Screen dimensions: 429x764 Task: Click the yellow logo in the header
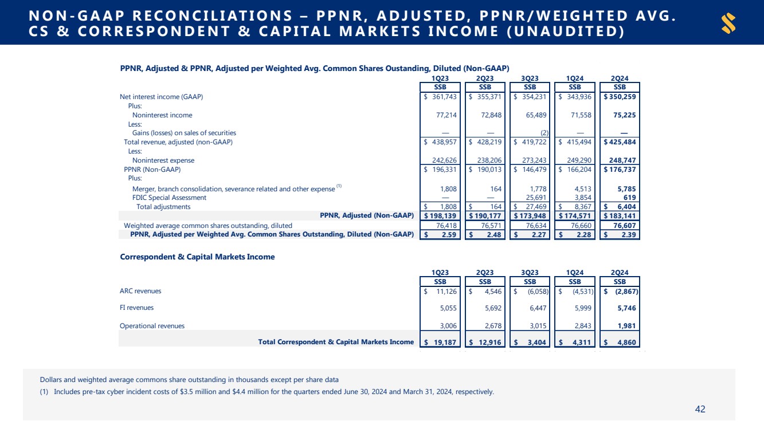tap(729, 23)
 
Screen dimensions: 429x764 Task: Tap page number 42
tap(700, 409)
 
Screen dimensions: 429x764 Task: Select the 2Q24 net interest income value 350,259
tap(622, 97)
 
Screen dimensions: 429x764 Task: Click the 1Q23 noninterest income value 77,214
tap(444, 115)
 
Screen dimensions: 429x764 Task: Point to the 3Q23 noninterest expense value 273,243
tap(534, 160)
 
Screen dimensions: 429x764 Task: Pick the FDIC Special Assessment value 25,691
tap(535, 198)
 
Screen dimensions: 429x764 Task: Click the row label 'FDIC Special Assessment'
tap(169, 198)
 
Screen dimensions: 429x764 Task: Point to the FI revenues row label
tap(136, 308)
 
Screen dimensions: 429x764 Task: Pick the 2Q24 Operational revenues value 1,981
tap(625, 326)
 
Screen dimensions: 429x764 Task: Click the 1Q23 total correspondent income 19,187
tap(444, 342)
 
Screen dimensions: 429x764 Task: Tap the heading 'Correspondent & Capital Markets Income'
tap(197, 257)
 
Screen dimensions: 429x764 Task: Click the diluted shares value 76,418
tap(444, 225)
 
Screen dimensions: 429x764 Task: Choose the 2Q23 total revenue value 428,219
tap(489, 142)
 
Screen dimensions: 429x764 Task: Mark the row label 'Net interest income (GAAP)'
tap(161, 97)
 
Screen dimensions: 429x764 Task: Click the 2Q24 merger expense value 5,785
tap(626, 188)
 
